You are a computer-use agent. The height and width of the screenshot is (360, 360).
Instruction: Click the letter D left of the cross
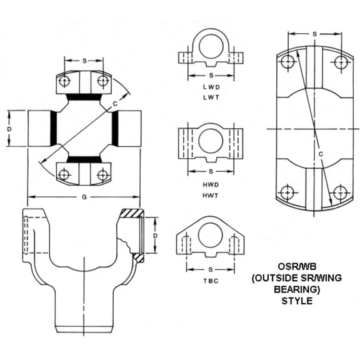coord(9,128)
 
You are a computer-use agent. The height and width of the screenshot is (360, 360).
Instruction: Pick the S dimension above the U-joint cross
coord(84,61)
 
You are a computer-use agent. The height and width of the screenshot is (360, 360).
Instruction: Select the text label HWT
coord(209,196)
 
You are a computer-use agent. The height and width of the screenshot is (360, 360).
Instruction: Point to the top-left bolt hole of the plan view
coord(287,62)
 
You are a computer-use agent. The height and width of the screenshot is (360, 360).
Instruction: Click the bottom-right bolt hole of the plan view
coord(340,193)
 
